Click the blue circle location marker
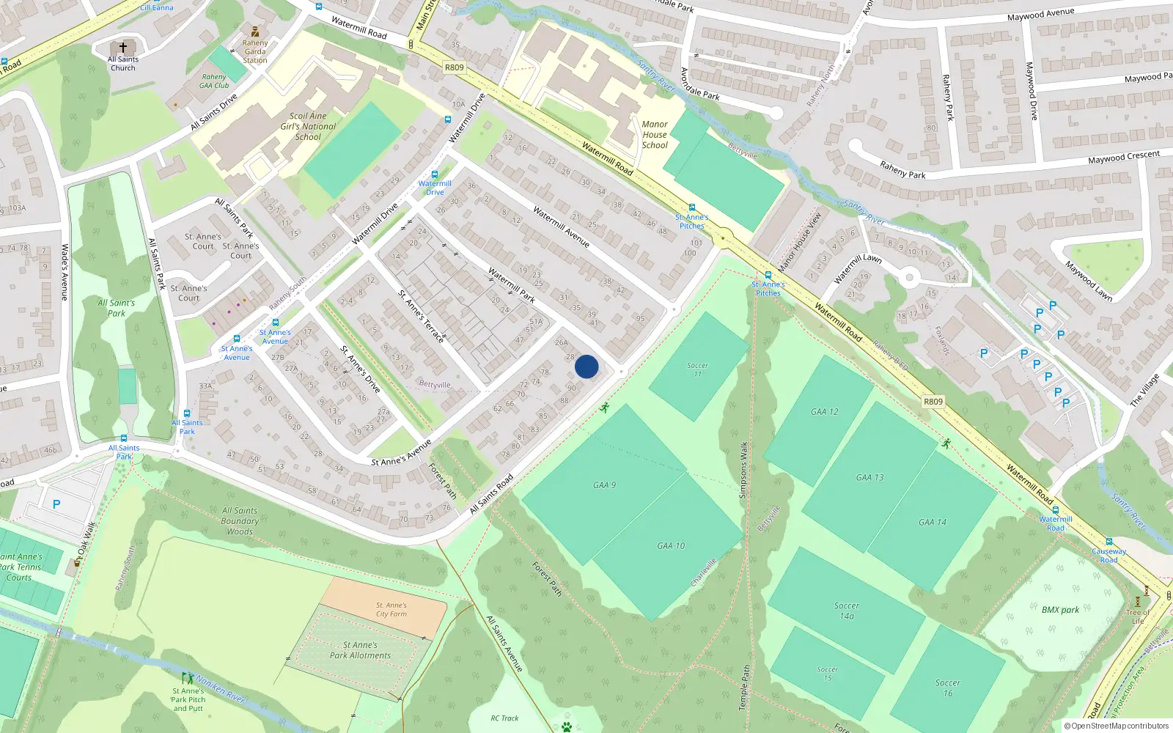coord(586,366)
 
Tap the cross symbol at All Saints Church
coord(123,48)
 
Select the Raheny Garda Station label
coord(255,51)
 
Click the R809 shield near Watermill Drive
coord(455,67)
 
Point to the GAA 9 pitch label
coord(604,485)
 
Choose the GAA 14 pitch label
coord(932,523)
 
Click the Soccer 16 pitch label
coord(947,688)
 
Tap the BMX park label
coord(1060,610)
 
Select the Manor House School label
coord(655,135)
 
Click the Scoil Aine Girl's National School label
coord(308,126)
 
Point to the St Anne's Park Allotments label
coord(360,650)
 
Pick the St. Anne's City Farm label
coord(391,610)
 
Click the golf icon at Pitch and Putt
coord(188,678)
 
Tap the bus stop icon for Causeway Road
coord(1108,542)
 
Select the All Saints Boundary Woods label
coord(240,520)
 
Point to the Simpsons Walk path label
coord(743,470)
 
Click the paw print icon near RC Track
coord(566,726)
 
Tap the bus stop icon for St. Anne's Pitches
coord(692,208)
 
